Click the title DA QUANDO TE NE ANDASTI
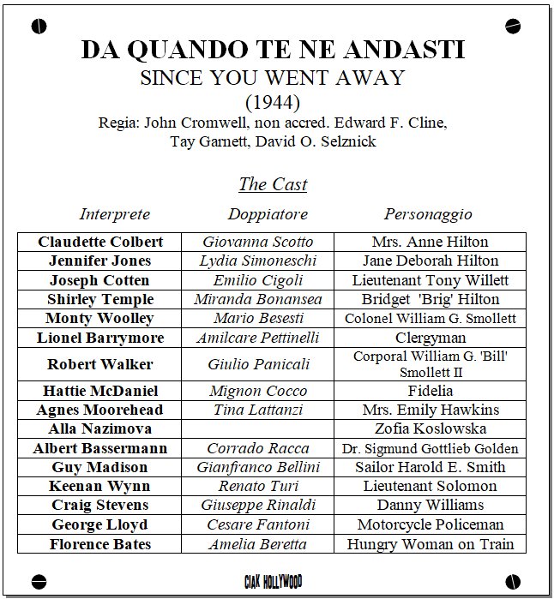[x=273, y=50]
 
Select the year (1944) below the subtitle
[x=272, y=102]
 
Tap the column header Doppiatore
[x=268, y=214]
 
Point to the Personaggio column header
[x=428, y=214]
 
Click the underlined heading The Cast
[x=272, y=184]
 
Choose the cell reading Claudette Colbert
[x=100, y=242]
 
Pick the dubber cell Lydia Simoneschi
[x=257, y=261]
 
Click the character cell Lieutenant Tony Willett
[x=430, y=280]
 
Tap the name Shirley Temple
[x=100, y=299]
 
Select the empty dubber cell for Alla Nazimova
[x=257, y=428]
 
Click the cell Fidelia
[x=430, y=391]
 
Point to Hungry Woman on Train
[x=430, y=544]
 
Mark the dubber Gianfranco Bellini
[x=257, y=467]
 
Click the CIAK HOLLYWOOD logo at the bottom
[x=273, y=583]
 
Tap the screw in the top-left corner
[x=37, y=26]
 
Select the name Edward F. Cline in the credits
[x=400, y=123]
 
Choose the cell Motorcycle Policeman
[x=430, y=524]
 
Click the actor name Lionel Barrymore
[x=100, y=338]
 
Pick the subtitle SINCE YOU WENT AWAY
[x=272, y=78]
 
